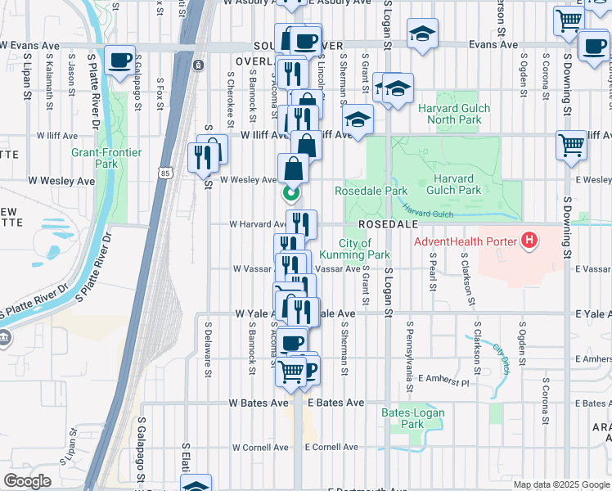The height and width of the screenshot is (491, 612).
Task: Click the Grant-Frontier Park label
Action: [x=106, y=158]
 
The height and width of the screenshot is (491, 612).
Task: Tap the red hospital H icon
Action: [x=530, y=241]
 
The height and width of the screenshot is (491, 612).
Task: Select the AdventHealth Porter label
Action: [x=466, y=241]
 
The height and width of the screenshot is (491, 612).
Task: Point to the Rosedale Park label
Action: [x=371, y=191]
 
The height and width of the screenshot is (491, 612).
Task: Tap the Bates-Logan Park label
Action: [x=413, y=418]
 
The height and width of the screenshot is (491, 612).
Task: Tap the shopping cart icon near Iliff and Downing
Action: [x=571, y=145]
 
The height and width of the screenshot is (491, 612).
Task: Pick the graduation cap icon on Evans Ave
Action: [x=422, y=34]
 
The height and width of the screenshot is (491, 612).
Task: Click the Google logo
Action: [x=27, y=481]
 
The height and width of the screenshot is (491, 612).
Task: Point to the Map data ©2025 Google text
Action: [x=561, y=484]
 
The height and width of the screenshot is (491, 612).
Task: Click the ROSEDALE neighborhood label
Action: [x=387, y=223]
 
